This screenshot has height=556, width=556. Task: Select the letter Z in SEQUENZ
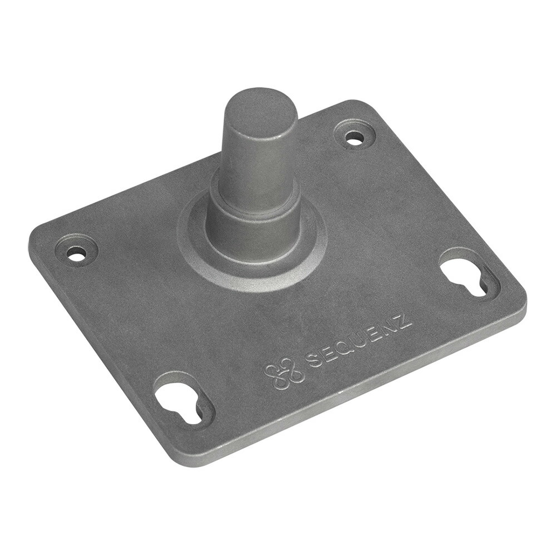(x=404, y=320)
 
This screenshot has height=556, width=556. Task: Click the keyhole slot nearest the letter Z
(x=469, y=279)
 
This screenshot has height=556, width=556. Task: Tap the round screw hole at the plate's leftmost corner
(x=76, y=253)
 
